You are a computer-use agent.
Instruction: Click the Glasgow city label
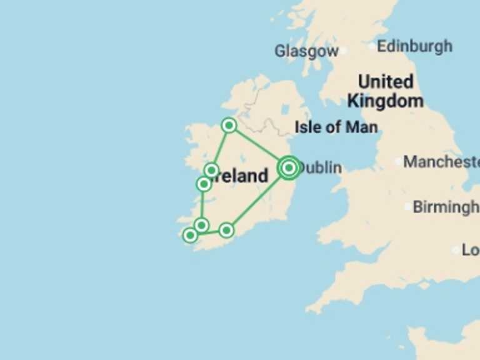tap(306, 51)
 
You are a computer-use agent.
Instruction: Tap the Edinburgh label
tap(415, 46)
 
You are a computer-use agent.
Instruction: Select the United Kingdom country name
tap(385, 91)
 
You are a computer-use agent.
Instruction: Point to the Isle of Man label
tap(336, 127)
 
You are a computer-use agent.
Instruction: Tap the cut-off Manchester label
tap(441, 162)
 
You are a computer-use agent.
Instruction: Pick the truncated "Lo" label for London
tap(471, 250)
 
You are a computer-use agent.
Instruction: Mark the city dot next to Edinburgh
tap(372, 46)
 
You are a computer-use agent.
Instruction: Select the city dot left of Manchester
tap(398, 162)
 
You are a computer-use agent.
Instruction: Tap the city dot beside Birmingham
tap(407, 207)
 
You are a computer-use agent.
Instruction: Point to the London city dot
tap(455, 250)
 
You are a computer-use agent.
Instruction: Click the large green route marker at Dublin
tap(288, 167)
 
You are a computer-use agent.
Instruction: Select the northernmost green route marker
tap(229, 126)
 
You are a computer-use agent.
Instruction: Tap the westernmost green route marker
tap(190, 235)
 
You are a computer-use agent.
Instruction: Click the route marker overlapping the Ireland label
tap(211, 170)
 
